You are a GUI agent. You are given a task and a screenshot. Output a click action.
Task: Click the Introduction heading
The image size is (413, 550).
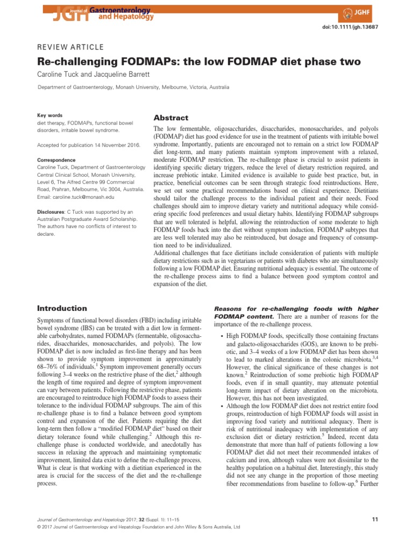click(62, 308)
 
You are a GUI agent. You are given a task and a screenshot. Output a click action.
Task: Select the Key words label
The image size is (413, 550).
click(49, 115)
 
